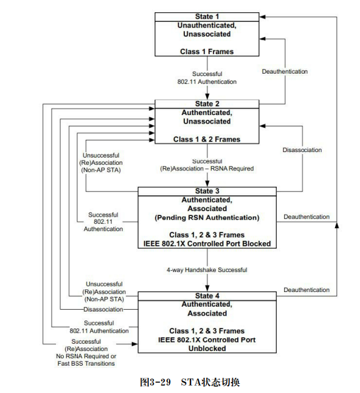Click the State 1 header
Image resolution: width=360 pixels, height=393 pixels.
point(207,16)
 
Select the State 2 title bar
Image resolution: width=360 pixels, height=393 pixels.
point(207,103)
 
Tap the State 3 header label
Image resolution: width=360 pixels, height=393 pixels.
point(207,191)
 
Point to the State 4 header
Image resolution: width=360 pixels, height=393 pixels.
point(207,296)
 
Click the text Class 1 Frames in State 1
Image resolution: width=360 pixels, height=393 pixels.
point(207,52)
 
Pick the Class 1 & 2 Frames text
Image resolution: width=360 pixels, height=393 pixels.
point(207,139)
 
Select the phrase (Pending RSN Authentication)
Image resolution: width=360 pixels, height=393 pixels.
point(207,217)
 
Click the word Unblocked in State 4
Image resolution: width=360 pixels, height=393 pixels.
point(207,349)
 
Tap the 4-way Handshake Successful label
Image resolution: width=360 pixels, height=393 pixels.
point(207,270)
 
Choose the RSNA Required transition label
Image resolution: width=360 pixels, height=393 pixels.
point(207,167)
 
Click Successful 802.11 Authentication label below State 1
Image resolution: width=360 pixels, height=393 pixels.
point(207,77)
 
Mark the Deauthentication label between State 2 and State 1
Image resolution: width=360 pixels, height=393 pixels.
point(285,72)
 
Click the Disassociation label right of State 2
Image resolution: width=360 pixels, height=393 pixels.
point(302,150)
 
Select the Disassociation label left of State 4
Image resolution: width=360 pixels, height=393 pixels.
point(103,309)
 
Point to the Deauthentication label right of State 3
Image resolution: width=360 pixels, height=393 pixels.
point(306,217)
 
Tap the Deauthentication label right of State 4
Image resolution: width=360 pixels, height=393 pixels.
point(306,290)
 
